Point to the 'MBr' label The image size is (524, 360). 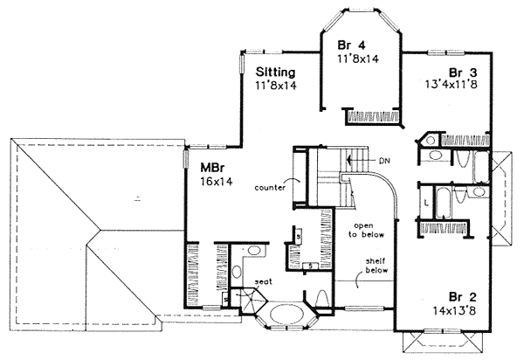coord(210,167)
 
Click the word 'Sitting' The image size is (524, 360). coord(276,73)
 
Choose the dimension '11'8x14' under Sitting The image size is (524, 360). coord(278,87)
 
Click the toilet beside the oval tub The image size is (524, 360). coord(322,302)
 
